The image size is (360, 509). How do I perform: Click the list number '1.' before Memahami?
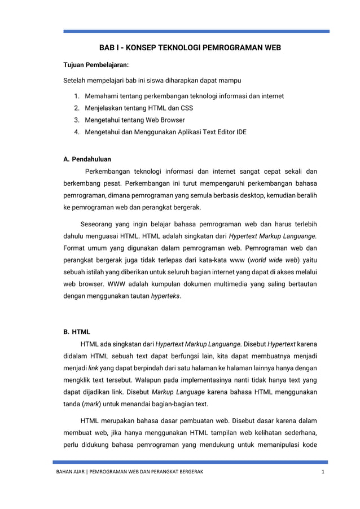point(77,96)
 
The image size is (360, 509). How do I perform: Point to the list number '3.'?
point(77,120)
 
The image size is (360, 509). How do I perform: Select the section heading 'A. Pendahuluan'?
point(87,159)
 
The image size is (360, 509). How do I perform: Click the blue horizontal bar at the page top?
point(195,32)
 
